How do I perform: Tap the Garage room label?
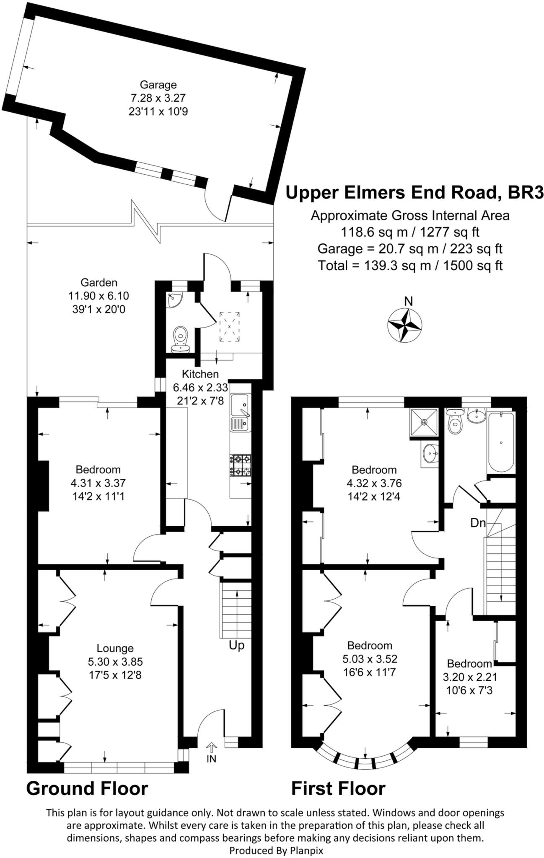tap(158, 85)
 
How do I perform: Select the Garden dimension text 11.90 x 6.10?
tap(98, 296)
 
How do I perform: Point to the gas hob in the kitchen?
tap(240, 465)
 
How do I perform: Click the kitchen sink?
tap(240, 413)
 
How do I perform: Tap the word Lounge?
tap(115, 649)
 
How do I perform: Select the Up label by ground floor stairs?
tap(236, 646)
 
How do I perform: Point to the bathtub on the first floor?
tap(501, 442)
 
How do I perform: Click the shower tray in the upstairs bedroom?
tap(424, 422)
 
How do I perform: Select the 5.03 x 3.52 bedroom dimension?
tap(370, 659)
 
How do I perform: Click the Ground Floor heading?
tap(87, 788)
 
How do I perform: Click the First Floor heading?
tap(338, 788)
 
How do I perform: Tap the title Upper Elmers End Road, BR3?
tap(414, 193)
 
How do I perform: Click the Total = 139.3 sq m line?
tap(410, 266)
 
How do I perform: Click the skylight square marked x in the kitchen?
tap(229, 326)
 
